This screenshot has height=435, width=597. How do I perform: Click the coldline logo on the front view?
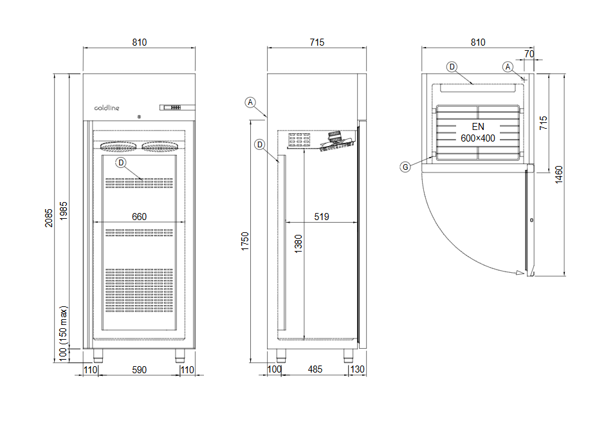pyautogui.click(x=107, y=108)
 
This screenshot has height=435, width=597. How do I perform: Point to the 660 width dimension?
pyautogui.click(x=140, y=217)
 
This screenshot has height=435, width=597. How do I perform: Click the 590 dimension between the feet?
pyautogui.click(x=140, y=369)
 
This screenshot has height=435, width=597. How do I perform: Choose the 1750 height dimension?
pyautogui.click(x=244, y=242)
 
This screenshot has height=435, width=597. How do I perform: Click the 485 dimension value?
pyautogui.click(x=315, y=369)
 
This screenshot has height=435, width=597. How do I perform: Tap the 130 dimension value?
pyautogui.click(x=358, y=369)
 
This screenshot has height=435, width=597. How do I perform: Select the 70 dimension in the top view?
pyautogui.click(x=529, y=54)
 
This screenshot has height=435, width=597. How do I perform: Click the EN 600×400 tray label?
pyautogui.click(x=477, y=133)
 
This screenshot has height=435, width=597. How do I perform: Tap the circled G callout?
pyautogui.click(x=405, y=167)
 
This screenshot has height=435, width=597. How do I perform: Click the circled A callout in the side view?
pyautogui.click(x=251, y=102)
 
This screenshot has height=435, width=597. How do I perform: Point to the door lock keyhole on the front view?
pyautogui.click(x=138, y=117)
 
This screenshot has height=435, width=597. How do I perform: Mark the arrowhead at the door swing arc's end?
pyautogui.click(x=519, y=273)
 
